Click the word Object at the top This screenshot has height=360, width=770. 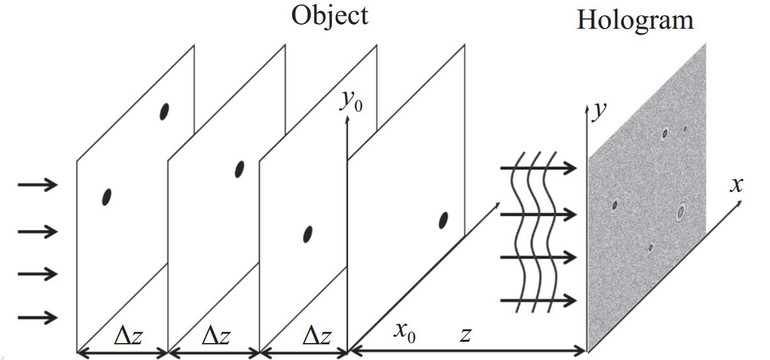point(329,16)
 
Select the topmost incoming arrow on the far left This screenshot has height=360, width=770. point(38,185)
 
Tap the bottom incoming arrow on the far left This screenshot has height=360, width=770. point(38,317)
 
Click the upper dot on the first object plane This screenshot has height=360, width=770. point(164,112)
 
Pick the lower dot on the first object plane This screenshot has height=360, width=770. point(106,197)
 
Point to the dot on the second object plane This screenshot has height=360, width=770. point(240,169)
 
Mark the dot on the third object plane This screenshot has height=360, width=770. point(308,233)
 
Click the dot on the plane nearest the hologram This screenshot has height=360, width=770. point(443,220)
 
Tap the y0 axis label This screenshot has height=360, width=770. point(351,102)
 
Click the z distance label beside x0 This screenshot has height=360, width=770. point(466,335)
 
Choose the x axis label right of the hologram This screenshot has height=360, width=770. point(736,185)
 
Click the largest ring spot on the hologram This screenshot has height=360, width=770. point(680,212)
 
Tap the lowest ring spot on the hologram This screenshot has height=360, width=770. point(650,248)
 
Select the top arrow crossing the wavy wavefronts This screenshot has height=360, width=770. point(538,168)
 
